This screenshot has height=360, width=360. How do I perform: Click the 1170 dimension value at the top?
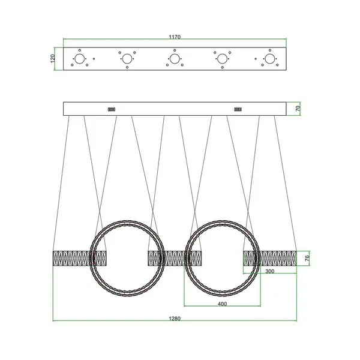175,37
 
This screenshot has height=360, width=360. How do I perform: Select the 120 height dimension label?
53,59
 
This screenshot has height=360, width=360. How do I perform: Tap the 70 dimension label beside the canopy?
298,109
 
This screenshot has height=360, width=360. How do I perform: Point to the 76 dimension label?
307,258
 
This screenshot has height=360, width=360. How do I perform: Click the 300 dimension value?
270,271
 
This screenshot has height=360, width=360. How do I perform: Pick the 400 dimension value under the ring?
222,304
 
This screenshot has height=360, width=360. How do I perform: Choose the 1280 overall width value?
175,319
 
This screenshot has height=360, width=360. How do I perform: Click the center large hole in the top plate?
175,59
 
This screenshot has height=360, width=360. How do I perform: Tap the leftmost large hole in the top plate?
80,59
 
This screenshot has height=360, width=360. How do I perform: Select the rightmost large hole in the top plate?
270,59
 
